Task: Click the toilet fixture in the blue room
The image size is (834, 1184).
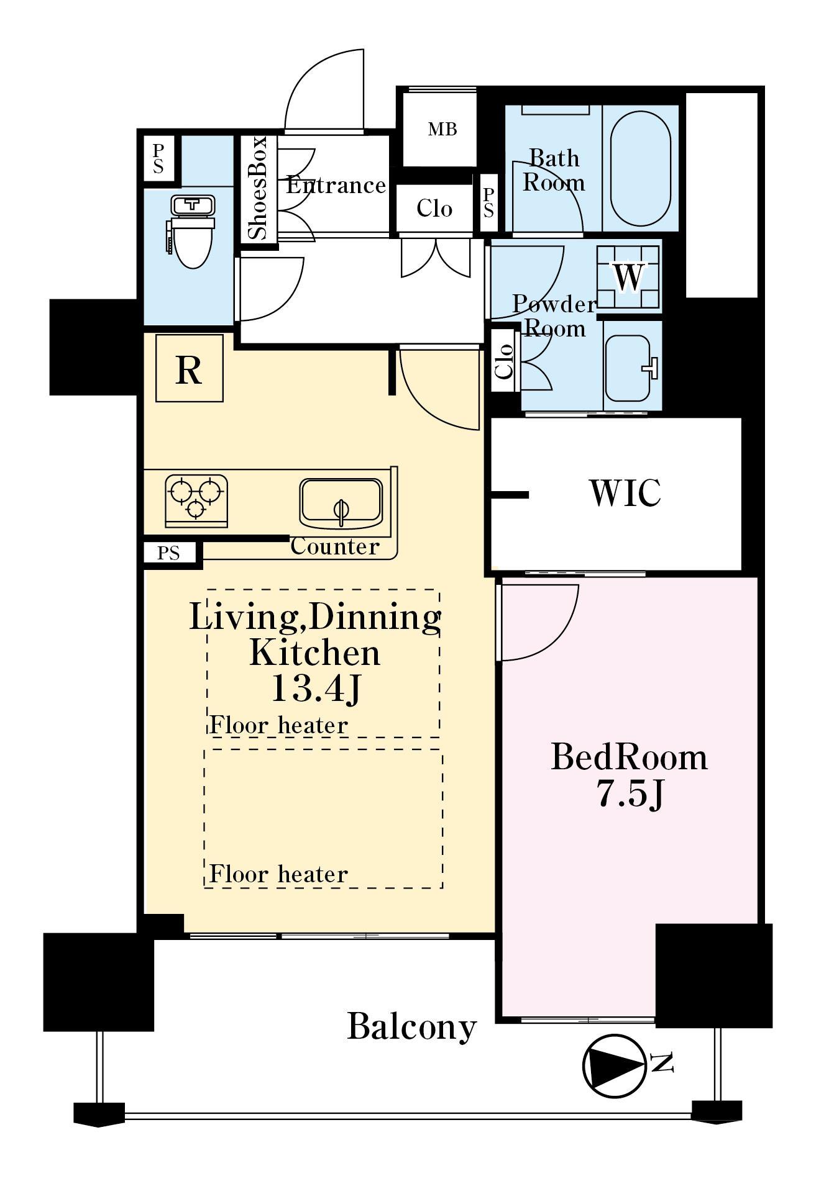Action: (x=191, y=230)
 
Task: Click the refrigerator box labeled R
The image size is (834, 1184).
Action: (x=189, y=368)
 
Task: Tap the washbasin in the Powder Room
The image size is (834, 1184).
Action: (x=630, y=368)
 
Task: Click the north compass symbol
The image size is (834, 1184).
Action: (x=615, y=1065)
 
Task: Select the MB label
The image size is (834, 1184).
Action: (x=442, y=129)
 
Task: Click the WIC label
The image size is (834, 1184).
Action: (x=625, y=493)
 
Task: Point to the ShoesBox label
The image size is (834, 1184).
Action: (x=257, y=188)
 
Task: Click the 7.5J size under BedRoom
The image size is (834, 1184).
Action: (x=631, y=793)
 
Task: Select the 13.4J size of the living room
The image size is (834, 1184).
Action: (x=316, y=689)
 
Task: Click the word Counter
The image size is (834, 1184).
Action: (x=334, y=546)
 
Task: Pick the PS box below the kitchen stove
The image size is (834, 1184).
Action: (x=168, y=553)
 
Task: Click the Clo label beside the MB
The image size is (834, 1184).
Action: (x=434, y=208)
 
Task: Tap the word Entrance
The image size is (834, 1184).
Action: (x=336, y=185)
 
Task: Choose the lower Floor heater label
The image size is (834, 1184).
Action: (x=278, y=874)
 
